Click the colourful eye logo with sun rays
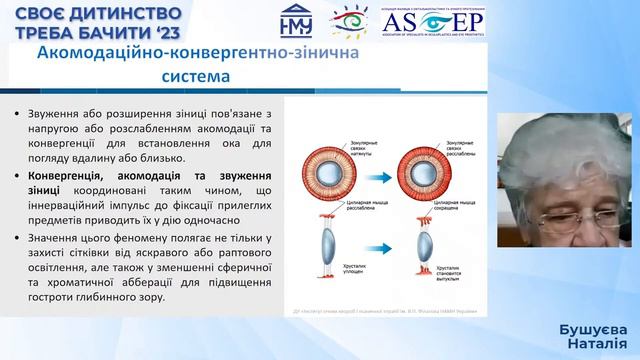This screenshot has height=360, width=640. (x=347, y=22)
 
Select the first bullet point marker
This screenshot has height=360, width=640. (x=18, y=115)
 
